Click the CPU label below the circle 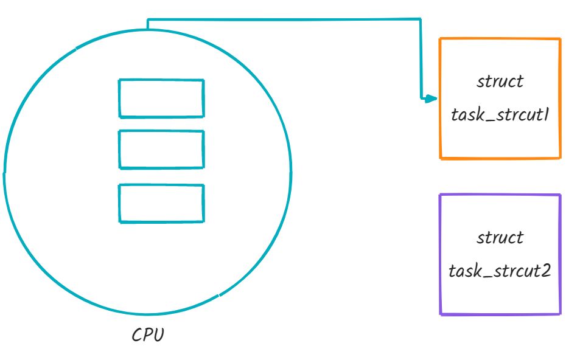(148, 335)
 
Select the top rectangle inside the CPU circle (161, 98)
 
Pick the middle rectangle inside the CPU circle (161, 150)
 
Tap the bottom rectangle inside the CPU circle (161, 203)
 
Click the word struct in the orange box (500, 82)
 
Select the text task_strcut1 (500, 115)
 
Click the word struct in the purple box (500, 237)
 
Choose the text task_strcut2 (500, 271)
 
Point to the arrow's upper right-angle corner (420, 19)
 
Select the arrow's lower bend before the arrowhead (421, 98)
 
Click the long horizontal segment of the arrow (283, 19)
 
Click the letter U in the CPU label (158, 335)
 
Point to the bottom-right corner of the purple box (559, 314)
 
